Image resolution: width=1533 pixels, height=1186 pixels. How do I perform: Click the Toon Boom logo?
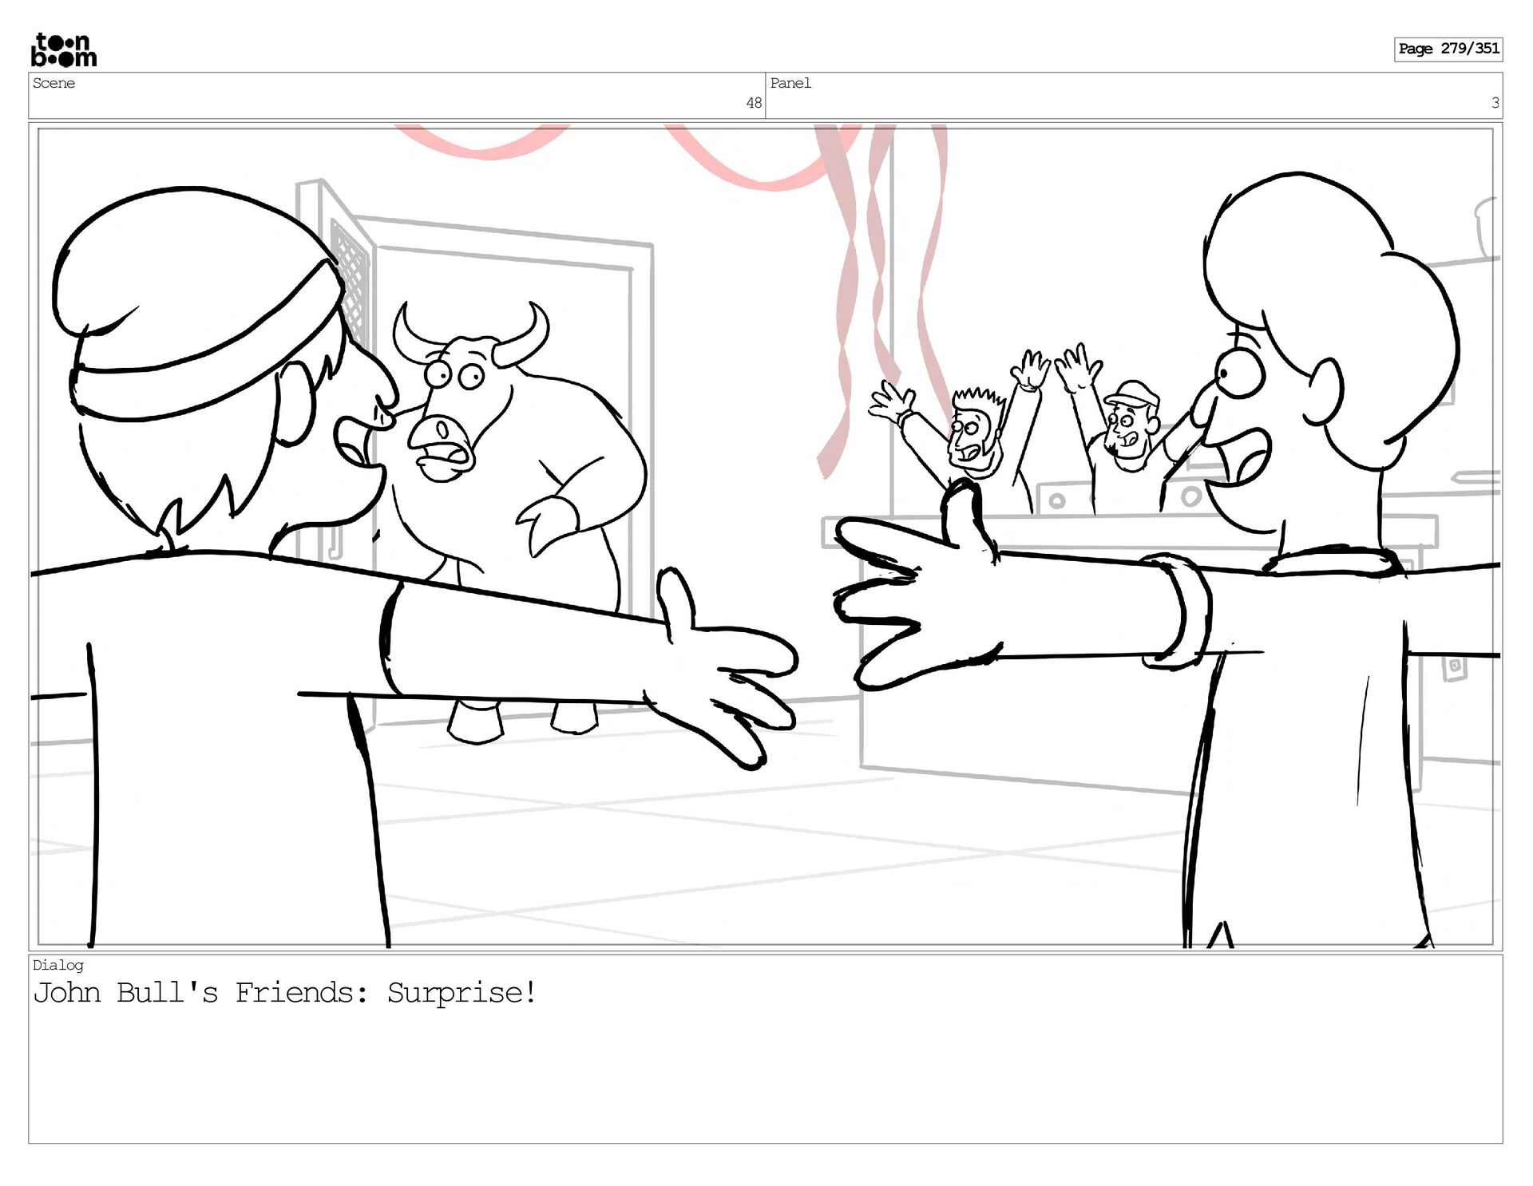[64, 50]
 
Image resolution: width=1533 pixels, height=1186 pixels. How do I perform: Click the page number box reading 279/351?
[1448, 49]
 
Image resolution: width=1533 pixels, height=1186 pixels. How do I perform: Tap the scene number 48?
[754, 103]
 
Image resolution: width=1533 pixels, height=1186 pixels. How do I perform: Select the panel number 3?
[1495, 103]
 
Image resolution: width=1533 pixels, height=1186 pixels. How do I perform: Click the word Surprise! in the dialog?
[461, 994]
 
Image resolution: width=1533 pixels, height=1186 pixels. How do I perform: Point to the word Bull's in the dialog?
[167, 993]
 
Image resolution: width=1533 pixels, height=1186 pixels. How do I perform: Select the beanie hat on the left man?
[196, 303]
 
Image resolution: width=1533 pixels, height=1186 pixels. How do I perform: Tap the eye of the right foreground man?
[1238, 372]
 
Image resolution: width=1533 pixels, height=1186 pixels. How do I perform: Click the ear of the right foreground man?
[1324, 392]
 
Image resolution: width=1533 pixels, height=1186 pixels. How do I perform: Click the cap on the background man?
[1131, 393]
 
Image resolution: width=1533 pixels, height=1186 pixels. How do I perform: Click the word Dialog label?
[57, 965]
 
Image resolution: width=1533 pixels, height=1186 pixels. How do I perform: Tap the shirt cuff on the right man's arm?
[1177, 611]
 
